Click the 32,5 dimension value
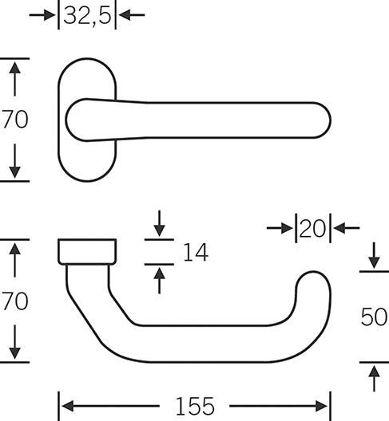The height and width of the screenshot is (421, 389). pos(87,16)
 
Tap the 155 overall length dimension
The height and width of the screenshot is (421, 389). pos(195,406)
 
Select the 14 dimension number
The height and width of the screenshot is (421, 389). pos(196,252)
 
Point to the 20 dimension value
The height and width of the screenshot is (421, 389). pos(312,229)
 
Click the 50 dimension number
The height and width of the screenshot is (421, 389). pos(374,317)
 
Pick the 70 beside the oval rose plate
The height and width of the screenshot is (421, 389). pos(15,120)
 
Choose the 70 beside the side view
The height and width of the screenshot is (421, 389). pos(15,301)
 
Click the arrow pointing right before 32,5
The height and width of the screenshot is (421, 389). pos(42,15)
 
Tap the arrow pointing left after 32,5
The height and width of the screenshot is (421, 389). pos(132,15)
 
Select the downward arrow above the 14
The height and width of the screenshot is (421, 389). pos(159,223)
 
